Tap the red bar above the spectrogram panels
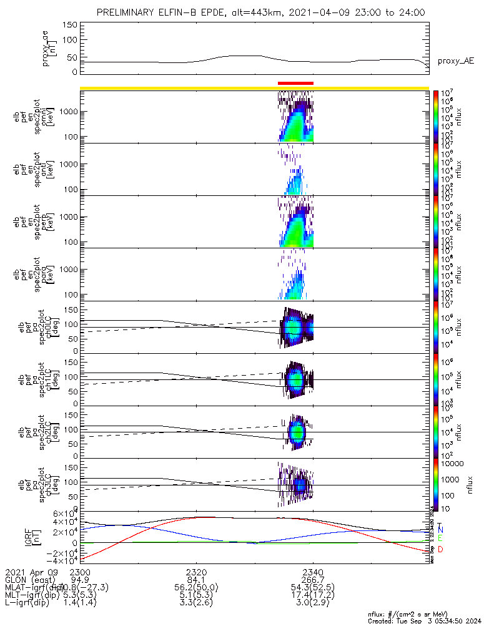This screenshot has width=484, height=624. point(295,83)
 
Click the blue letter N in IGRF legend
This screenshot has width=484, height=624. point(440,530)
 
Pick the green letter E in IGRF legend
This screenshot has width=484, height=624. point(440,539)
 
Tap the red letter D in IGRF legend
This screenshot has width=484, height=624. point(440,549)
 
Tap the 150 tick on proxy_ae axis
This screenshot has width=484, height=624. point(70,25)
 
